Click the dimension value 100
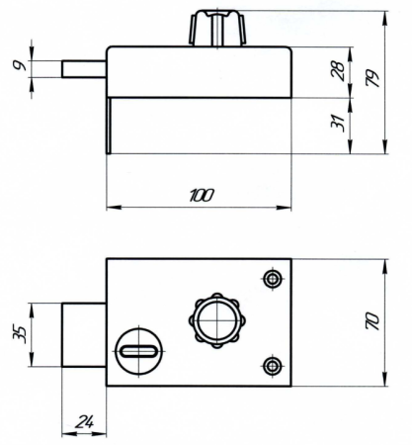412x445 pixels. pos(202,195)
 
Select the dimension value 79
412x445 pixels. pos(373,79)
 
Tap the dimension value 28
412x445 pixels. pos(339,70)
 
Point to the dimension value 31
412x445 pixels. pos(339,124)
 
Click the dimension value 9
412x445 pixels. pos(20,65)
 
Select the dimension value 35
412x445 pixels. pos(19,335)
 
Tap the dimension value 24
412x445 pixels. pos(85,422)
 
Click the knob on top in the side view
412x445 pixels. pos(217,28)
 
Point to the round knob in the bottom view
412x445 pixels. pos(217,320)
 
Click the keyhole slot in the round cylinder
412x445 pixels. pos(138,351)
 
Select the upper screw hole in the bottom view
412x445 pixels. pos(273,279)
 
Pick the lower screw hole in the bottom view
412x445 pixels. pos(273,365)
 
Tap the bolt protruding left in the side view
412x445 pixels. pos(84,69)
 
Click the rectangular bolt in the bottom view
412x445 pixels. pos(84,335)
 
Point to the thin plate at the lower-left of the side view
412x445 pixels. pos(109,126)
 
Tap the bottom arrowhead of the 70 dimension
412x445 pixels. pos(384,379)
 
